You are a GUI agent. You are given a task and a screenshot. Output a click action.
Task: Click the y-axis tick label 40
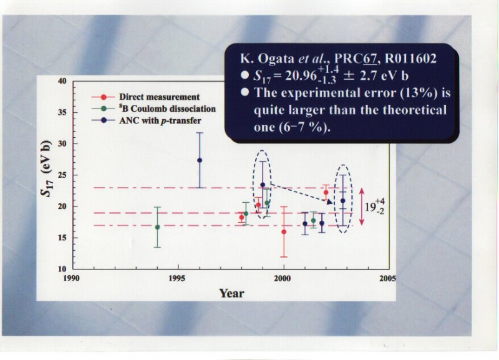62,81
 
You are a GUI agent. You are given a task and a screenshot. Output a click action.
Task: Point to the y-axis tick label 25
62,175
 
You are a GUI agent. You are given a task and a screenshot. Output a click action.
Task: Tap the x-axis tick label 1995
178,278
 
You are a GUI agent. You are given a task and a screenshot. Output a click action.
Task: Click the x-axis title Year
231,293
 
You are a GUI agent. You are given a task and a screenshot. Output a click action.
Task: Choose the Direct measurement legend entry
159,97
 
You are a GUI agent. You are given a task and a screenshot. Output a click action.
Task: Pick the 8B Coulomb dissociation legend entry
167,109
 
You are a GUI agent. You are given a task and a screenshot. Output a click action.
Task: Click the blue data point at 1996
200,160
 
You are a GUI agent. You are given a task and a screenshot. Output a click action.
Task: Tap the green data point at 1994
157,227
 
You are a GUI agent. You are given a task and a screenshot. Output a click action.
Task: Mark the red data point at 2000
284,231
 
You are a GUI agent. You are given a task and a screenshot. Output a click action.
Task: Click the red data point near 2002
326,192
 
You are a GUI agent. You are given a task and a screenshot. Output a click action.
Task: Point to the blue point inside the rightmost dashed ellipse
342,200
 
